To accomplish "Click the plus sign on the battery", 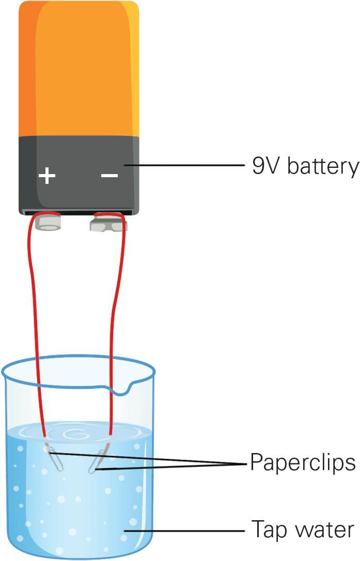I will click(x=47, y=176).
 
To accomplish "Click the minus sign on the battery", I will click(x=109, y=176).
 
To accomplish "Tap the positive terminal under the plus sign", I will click(x=48, y=223).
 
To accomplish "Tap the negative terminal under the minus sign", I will click(x=108, y=223).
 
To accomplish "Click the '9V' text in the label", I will click(x=265, y=167).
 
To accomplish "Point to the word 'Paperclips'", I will click(x=303, y=462).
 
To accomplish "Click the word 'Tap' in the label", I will click(x=267, y=530).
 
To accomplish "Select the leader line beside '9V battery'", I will click(x=191, y=166).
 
